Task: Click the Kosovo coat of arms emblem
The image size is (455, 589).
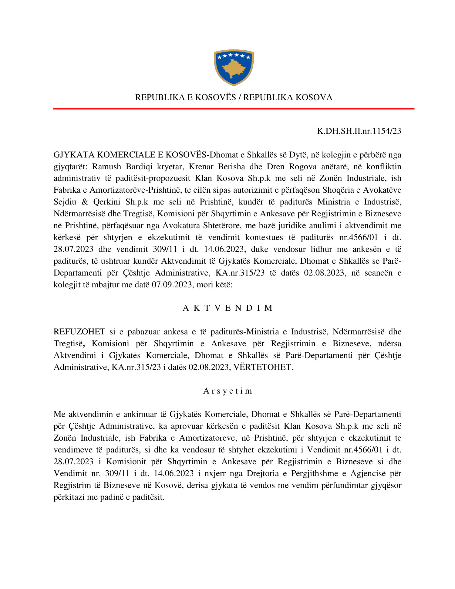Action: pos(234,67)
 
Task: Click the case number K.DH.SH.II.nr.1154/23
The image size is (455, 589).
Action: pos(359,131)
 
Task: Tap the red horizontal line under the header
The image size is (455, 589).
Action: pos(234,109)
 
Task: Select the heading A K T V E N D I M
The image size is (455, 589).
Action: pos(227,308)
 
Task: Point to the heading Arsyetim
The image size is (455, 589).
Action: pos(227,391)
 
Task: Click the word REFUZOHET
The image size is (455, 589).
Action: pos(79,332)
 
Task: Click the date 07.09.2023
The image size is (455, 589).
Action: pos(171,285)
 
